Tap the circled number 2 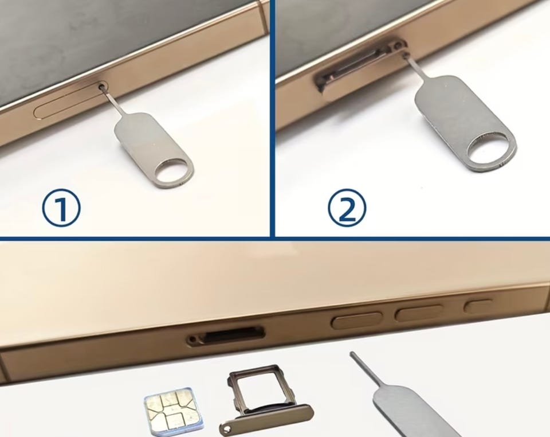click(x=347, y=208)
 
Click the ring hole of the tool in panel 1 click(x=174, y=170)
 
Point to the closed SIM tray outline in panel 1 click(x=70, y=100)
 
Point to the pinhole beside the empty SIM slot click(x=193, y=340)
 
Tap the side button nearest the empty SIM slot click(x=357, y=320)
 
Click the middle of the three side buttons click(x=419, y=312)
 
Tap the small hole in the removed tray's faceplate click(x=226, y=428)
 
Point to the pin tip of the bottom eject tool click(x=352, y=353)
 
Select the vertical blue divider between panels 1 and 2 click(x=273, y=118)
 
